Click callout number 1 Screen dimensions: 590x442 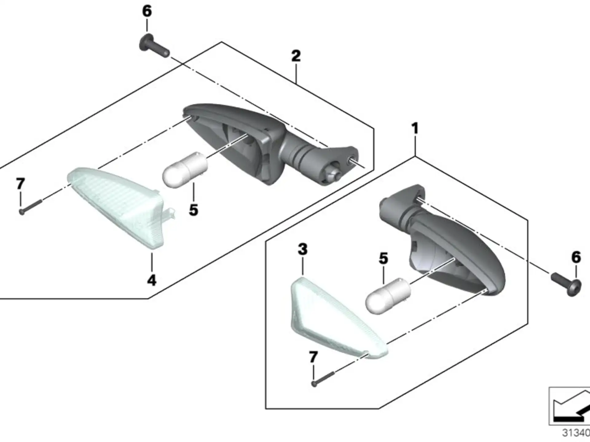[415, 128]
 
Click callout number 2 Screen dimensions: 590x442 [296, 56]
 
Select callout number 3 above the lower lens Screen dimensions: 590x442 [303, 249]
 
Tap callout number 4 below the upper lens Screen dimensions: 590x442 [152, 280]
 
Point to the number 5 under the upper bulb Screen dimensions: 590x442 [194, 210]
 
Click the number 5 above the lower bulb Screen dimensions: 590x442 [383, 258]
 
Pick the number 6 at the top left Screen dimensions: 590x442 [147, 11]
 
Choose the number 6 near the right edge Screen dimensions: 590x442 [576, 257]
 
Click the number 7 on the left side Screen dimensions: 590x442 [21, 184]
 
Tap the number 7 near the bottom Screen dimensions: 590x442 [313, 357]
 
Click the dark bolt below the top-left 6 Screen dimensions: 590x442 [154, 47]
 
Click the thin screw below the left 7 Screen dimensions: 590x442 [30, 207]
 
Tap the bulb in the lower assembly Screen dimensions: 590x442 [388, 296]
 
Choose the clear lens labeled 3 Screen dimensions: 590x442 [338, 318]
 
